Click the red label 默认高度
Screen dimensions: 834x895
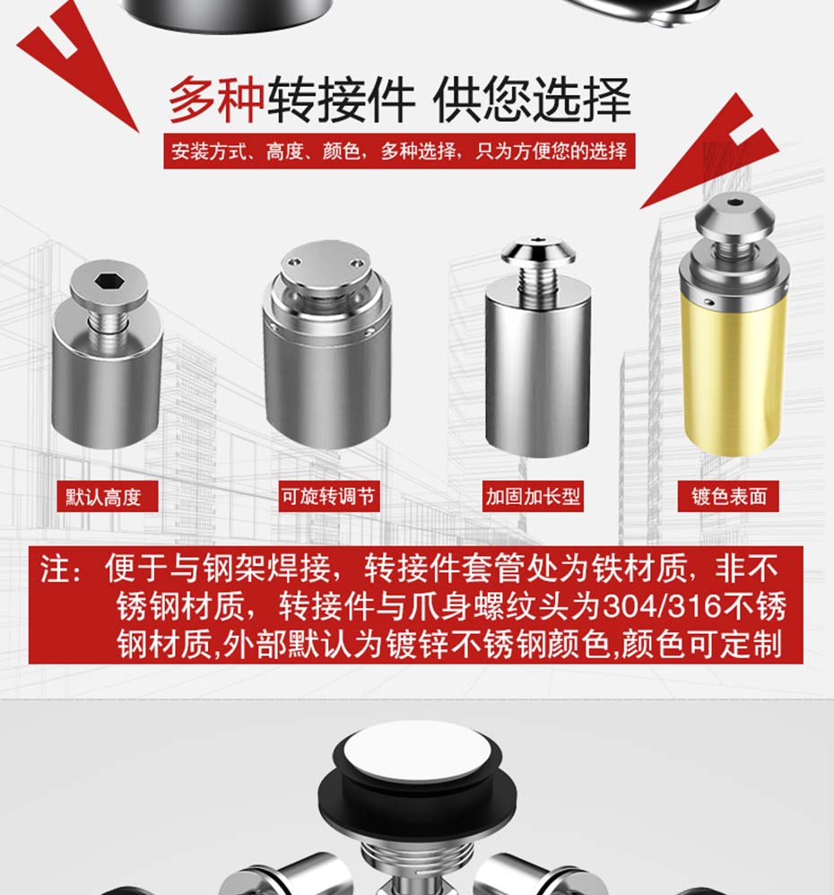pos(107,497)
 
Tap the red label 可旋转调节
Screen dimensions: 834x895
pos(329,496)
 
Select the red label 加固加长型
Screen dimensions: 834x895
pos(533,496)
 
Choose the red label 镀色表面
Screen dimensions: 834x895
pos(728,496)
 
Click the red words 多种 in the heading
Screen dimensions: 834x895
pos(217,100)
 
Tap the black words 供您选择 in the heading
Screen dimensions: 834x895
pos(532,100)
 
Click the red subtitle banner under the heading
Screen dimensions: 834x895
pos(399,152)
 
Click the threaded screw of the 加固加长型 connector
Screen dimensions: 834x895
pos(537,283)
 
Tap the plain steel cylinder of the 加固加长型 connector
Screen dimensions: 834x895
pos(537,371)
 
